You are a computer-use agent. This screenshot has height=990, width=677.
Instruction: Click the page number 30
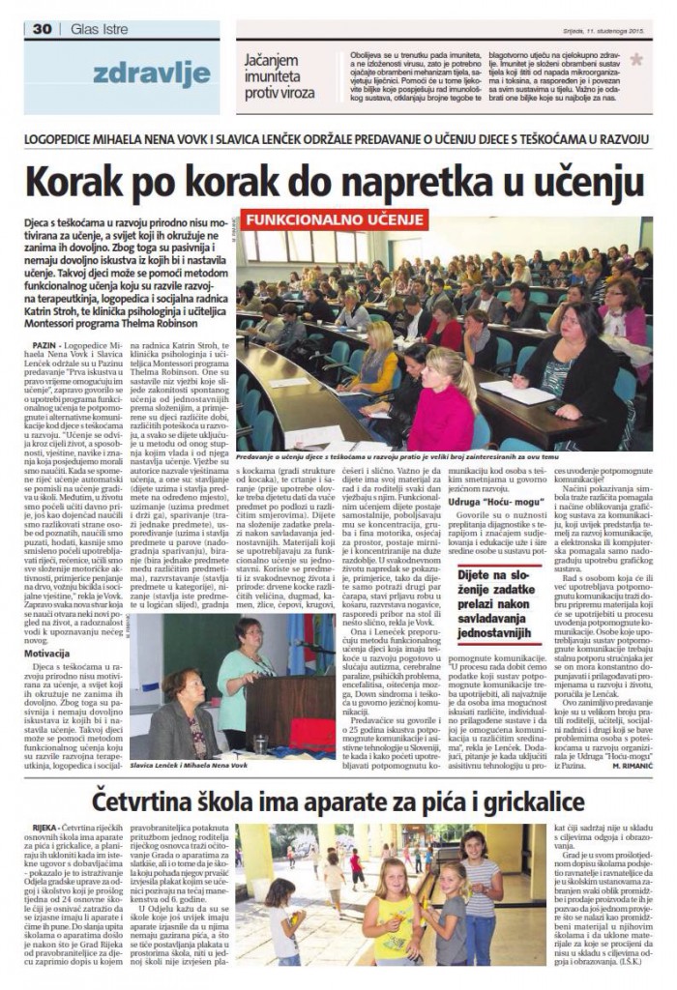click(x=41, y=29)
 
